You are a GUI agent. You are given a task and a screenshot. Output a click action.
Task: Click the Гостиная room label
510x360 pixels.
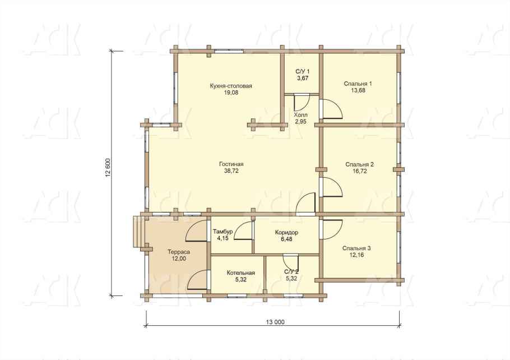coord(231,164)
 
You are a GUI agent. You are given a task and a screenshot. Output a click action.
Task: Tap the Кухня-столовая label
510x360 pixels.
coord(231,86)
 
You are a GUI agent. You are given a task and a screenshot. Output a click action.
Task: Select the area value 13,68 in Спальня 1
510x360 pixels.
coord(358,90)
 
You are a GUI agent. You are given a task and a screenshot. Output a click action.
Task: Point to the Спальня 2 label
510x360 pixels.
coord(359,164)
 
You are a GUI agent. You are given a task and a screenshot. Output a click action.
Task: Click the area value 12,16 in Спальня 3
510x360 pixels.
coord(356,255)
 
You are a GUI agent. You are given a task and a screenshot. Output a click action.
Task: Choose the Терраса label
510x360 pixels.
coord(179,252)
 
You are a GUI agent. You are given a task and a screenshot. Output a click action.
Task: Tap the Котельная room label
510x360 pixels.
coord(240,273)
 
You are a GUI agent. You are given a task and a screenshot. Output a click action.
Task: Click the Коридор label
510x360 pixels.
coord(286,232)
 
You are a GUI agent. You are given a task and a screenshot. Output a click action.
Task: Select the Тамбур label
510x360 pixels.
coord(223,232)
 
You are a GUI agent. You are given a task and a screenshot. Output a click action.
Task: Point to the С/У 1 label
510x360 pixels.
coord(303,72)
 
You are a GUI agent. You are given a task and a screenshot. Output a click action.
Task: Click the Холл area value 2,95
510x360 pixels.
coord(300,122)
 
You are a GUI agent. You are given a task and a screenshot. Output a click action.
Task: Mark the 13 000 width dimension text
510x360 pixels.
coord(275,322)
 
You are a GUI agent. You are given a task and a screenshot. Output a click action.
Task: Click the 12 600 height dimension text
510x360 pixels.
coord(108,167)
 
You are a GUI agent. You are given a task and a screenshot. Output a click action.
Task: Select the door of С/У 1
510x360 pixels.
coord(302,103)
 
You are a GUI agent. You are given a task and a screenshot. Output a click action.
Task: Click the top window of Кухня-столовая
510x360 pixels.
coord(229,51)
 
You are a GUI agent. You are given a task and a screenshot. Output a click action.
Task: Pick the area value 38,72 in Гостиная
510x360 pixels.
coord(231,170)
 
